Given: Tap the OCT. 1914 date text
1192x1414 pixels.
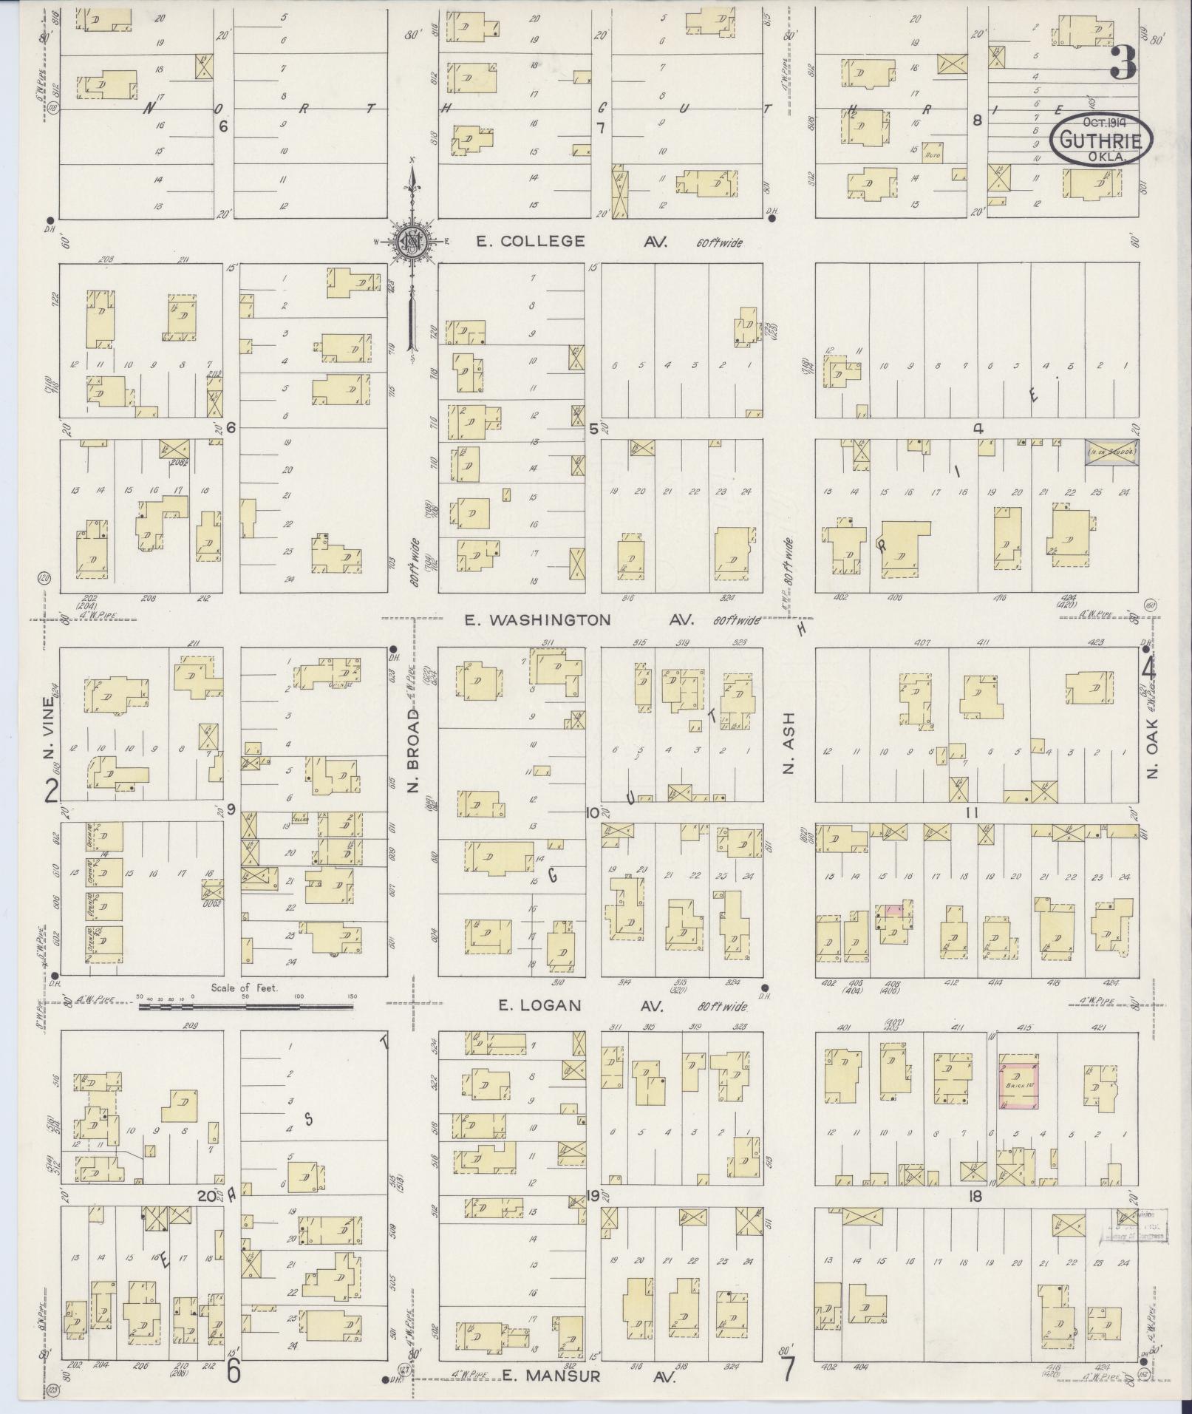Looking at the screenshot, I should tap(1102, 123).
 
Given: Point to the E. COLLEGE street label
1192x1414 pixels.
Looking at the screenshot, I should tap(531, 242).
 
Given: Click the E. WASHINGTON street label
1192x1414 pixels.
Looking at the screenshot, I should tap(537, 620).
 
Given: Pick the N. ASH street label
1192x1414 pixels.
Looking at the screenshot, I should tap(789, 743).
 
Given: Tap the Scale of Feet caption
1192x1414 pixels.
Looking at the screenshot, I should tap(244, 988).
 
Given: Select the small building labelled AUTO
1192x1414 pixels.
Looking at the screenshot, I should tap(933, 152).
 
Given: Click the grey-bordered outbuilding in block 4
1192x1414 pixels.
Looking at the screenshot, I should tap(1111, 451).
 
